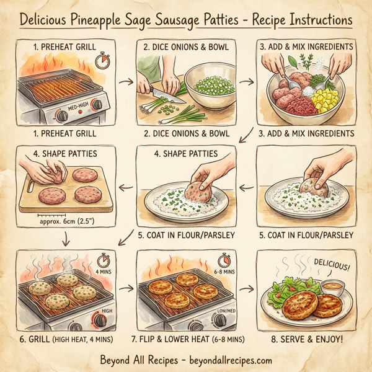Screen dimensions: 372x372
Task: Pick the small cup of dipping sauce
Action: coord(332,287)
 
